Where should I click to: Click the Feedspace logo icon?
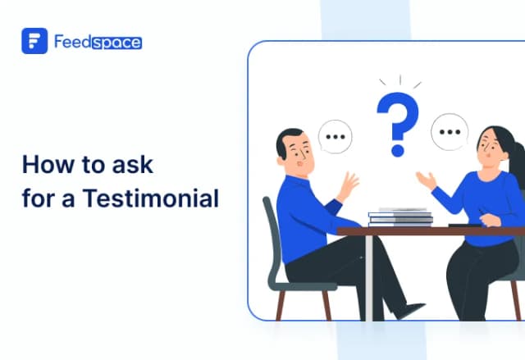pos(34,42)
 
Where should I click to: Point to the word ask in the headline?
pos(131,164)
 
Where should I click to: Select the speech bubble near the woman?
pos(450,130)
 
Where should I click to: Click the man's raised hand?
pos(348,185)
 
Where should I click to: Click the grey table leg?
pos(368,279)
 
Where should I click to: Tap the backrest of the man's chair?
pos(271,238)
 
